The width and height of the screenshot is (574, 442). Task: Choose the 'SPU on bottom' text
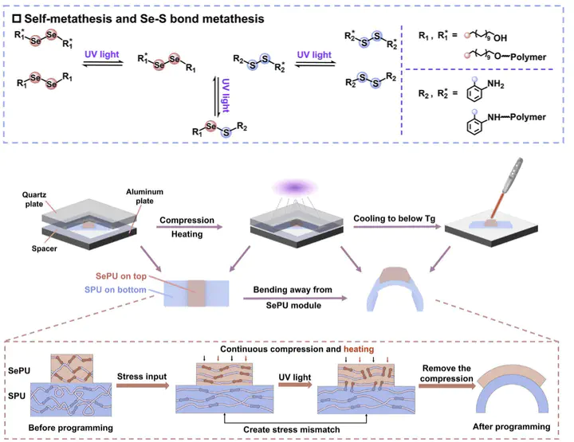pyautogui.click(x=123, y=287)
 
